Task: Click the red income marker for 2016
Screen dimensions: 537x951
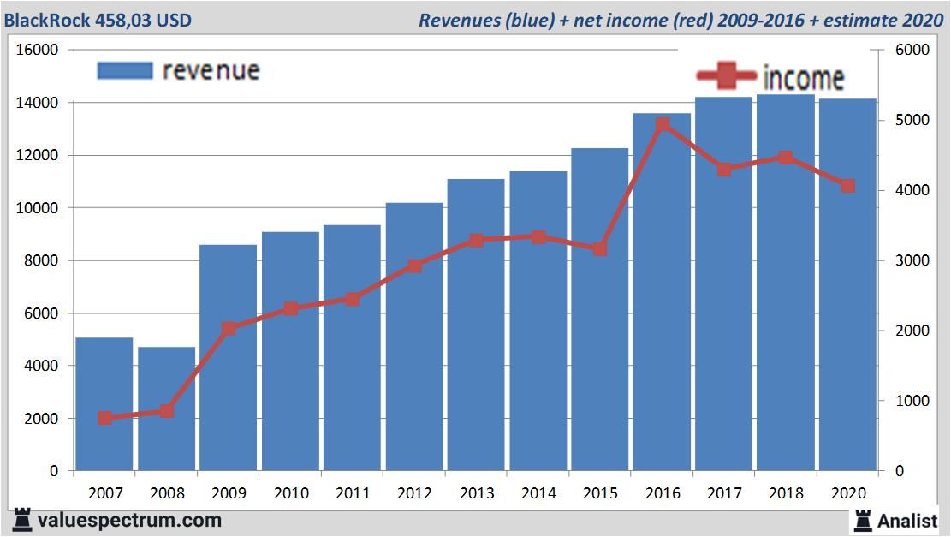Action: [x=663, y=125]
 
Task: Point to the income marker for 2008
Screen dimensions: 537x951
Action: [x=166, y=411]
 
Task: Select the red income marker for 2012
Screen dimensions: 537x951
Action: [x=414, y=266]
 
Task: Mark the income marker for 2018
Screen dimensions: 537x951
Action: [x=786, y=158]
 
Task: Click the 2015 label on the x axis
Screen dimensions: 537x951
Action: [x=600, y=493]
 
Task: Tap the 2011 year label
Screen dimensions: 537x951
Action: [x=352, y=493]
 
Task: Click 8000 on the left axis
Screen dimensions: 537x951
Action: [x=41, y=260]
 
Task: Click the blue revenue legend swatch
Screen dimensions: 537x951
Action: [x=124, y=70]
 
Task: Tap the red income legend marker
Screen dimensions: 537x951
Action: [x=725, y=77]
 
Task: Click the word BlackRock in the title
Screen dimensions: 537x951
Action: [x=43, y=19]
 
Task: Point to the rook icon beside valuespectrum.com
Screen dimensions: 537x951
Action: [x=22, y=519]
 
